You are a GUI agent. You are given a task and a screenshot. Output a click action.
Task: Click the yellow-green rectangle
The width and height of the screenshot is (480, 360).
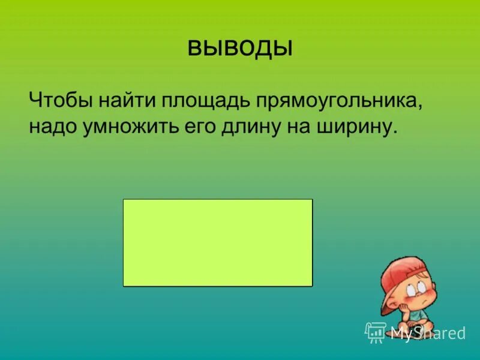click(218, 242)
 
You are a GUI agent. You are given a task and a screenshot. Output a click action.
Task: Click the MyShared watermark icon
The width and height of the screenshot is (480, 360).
click(375, 331)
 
